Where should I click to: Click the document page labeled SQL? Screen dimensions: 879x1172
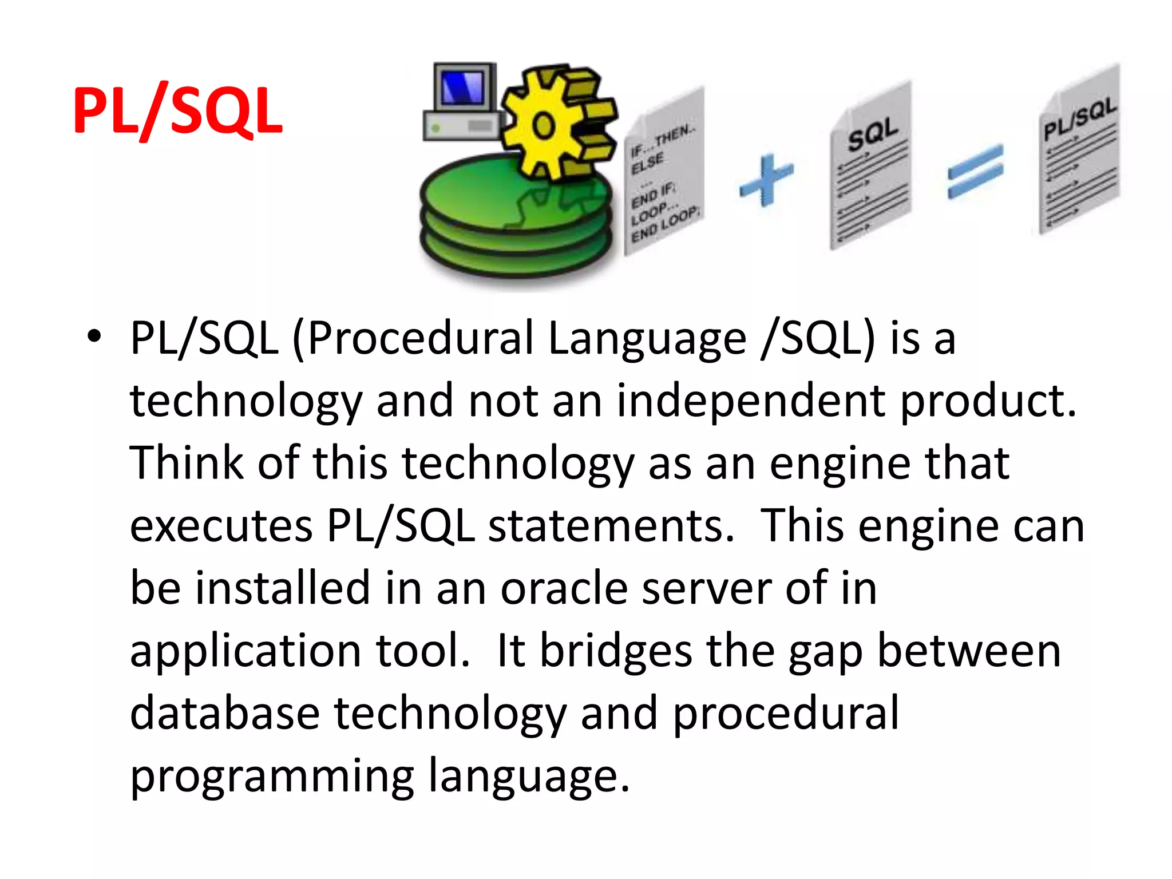pos(870,166)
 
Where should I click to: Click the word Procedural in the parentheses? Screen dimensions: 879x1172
pos(421,338)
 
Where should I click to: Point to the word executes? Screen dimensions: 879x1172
pos(221,526)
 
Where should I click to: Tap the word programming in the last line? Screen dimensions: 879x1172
pos(272,777)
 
